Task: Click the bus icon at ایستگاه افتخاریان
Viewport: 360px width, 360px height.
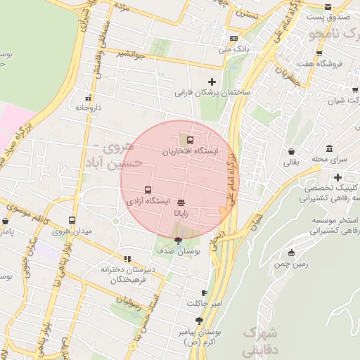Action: (x=191, y=140)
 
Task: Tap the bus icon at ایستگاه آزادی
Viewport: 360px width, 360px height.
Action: (x=148, y=190)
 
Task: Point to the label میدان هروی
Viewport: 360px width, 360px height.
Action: (x=71, y=231)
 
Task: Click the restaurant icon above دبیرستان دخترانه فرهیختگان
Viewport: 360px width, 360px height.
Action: (x=127, y=258)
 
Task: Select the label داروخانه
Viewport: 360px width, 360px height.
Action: (x=88, y=108)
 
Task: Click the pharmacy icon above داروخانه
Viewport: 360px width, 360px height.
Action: (x=88, y=98)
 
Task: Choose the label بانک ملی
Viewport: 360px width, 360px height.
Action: (x=233, y=49)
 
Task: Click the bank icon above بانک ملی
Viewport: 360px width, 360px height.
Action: (x=233, y=39)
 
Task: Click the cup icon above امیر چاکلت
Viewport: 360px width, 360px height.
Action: (x=204, y=292)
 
